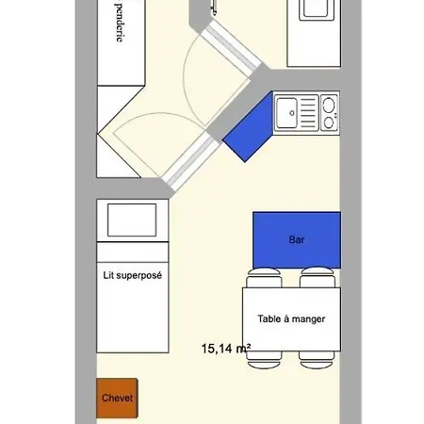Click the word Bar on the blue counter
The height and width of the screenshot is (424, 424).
(x=297, y=239)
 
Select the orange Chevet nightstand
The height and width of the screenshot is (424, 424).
(x=118, y=398)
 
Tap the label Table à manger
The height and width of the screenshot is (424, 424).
(x=291, y=318)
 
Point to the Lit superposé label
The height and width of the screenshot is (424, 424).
(x=132, y=276)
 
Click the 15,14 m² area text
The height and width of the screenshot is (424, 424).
(x=225, y=348)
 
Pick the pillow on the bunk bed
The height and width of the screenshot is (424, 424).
(x=133, y=220)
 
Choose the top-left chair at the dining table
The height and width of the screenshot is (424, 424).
(x=264, y=279)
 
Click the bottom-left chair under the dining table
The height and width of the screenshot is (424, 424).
(x=264, y=359)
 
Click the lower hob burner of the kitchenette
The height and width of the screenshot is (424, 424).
(x=329, y=121)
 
